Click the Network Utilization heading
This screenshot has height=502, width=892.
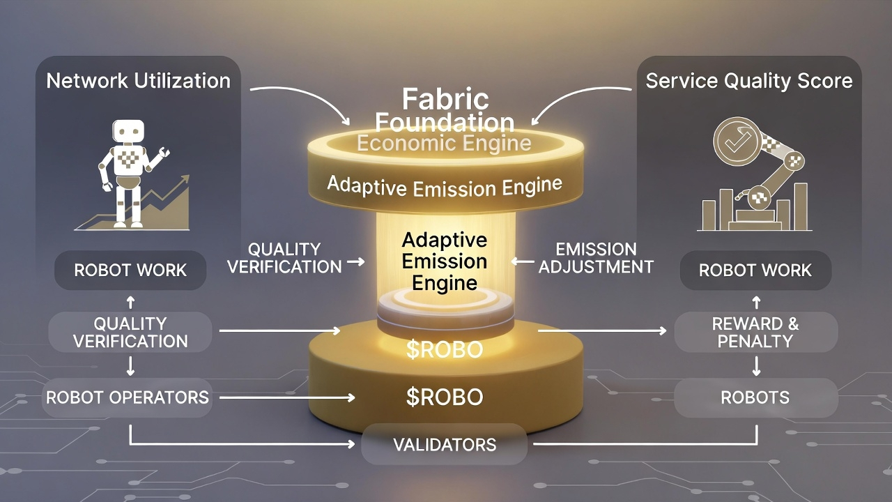(138, 81)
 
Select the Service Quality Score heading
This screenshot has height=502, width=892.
(748, 81)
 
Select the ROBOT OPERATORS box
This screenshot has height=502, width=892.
(128, 397)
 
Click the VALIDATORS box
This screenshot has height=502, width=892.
(445, 445)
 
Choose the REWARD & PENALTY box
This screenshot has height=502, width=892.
(755, 332)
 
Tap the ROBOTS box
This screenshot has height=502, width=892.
(755, 397)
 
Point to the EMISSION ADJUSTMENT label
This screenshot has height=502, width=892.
(596, 258)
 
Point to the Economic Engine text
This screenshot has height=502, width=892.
(444, 144)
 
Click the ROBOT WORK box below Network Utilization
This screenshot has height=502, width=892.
(130, 271)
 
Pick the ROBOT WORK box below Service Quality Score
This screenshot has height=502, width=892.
(755, 271)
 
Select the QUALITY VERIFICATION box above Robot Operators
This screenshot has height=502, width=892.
(130, 332)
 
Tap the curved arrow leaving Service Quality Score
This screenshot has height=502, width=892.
(585, 98)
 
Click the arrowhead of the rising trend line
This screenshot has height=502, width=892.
(185, 179)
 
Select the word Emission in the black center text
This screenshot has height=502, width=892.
(445, 261)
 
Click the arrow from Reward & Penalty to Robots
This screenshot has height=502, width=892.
(756, 365)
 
